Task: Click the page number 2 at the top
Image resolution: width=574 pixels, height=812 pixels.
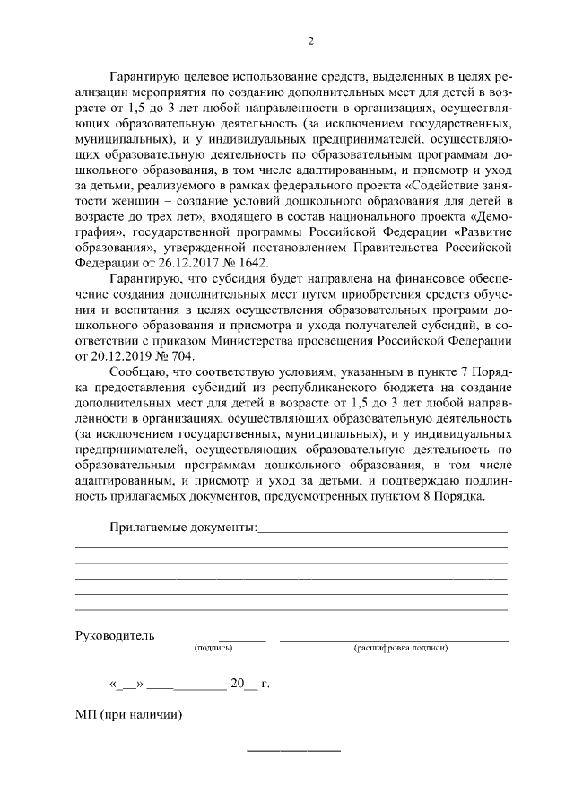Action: pyautogui.click(x=310, y=40)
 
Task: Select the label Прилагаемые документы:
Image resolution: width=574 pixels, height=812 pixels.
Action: pyautogui.click(x=183, y=528)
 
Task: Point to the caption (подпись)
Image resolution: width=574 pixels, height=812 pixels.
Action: pyautogui.click(x=213, y=647)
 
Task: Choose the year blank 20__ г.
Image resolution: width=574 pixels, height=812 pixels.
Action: pyautogui.click(x=249, y=685)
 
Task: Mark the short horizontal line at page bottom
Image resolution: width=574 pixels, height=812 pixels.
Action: pyautogui.click(x=293, y=749)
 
